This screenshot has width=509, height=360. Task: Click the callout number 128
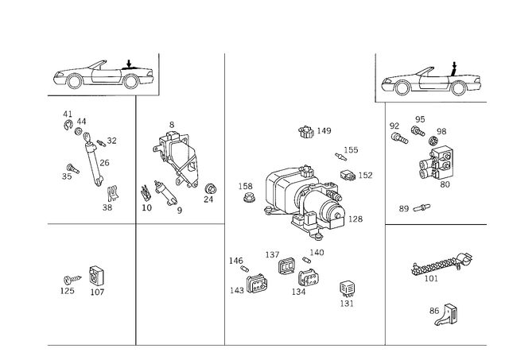click(x=356, y=219)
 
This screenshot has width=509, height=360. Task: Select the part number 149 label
click(x=324, y=130)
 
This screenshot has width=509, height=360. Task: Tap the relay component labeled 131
click(x=347, y=289)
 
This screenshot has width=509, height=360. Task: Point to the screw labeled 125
click(x=72, y=279)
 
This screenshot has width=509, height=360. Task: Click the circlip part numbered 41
click(x=68, y=125)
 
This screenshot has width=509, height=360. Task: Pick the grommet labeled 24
click(x=211, y=189)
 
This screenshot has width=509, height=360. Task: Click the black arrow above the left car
click(x=129, y=64)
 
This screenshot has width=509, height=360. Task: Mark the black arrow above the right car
click(x=454, y=68)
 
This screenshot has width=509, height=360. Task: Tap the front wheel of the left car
click(x=74, y=81)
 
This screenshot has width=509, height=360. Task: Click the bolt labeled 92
click(x=399, y=137)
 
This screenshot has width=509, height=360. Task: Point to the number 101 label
click(x=431, y=279)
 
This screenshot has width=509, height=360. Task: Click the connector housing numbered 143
click(x=257, y=285)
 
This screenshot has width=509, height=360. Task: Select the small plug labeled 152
click(x=348, y=175)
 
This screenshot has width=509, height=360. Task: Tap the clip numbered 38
click(x=113, y=193)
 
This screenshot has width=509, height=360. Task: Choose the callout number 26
click(x=104, y=163)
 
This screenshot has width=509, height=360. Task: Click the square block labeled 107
click(x=96, y=276)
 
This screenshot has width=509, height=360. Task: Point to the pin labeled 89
click(x=422, y=207)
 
